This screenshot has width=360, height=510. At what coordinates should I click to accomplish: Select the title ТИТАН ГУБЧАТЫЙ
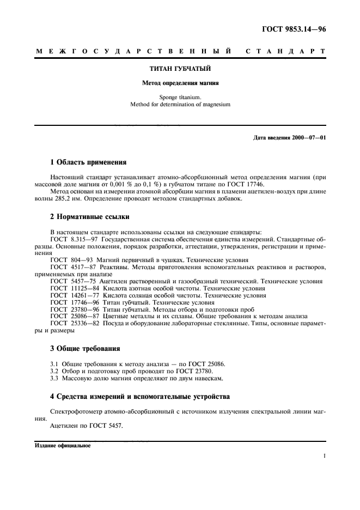(x=180, y=69)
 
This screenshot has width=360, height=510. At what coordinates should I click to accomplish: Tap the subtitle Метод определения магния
(x=180, y=84)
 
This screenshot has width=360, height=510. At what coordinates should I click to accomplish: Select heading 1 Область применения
(x=88, y=162)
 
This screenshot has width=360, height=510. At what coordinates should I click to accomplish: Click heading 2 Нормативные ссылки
(x=90, y=216)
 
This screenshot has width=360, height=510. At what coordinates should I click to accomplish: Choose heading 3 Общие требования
(x=85, y=348)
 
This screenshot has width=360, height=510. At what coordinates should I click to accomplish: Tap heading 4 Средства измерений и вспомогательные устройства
(x=140, y=396)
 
